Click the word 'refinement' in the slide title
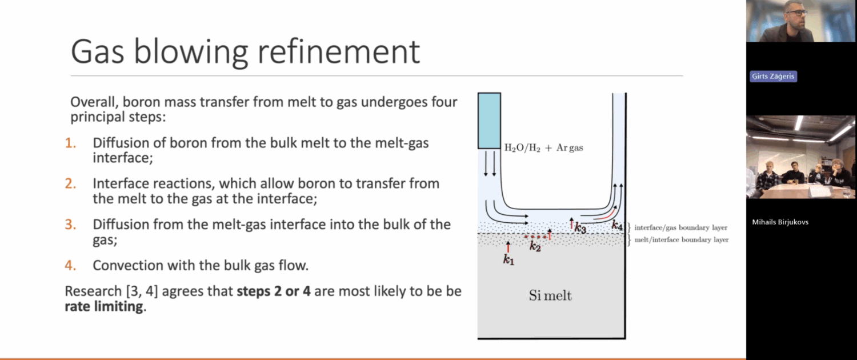click(x=339, y=51)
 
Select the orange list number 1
click(x=70, y=143)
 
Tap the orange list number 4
click(x=70, y=265)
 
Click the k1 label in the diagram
click(x=508, y=260)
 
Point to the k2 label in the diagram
click(x=535, y=246)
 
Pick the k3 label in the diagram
click(x=580, y=228)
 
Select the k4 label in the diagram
click(x=617, y=225)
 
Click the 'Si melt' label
click(x=550, y=295)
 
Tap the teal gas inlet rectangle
click(x=489, y=121)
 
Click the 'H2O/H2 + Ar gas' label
click(x=544, y=147)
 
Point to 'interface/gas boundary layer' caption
click(x=681, y=227)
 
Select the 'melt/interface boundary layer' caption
click(x=682, y=240)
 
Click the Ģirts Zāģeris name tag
click(x=773, y=76)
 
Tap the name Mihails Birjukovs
click(x=780, y=222)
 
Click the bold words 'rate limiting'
click(x=103, y=306)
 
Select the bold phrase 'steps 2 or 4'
click(x=274, y=291)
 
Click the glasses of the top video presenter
click(x=796, y=13)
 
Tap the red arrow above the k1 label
click(x=508, y=247)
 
